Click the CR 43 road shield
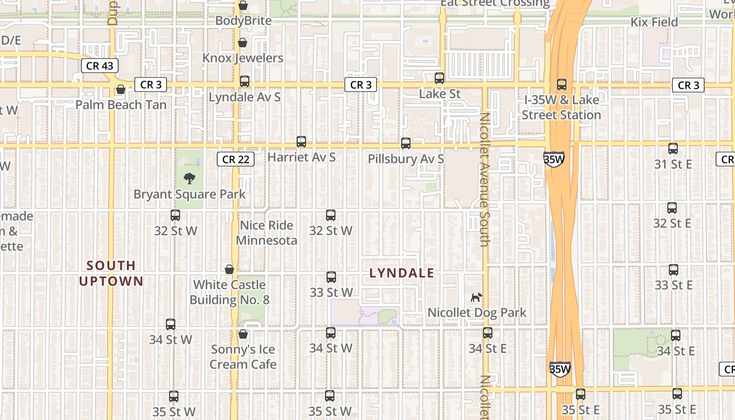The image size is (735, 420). coord(99,66)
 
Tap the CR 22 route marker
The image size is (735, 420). coord(236,159)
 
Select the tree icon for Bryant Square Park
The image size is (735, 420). coord(190,178)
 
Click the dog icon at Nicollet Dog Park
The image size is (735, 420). coord(476,297)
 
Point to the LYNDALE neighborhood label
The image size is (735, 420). coord(402,273)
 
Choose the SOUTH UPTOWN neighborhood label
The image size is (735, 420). coord(111,273)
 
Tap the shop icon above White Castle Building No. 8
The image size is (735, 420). coord(229,269)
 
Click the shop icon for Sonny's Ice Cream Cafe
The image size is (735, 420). coord(243,334)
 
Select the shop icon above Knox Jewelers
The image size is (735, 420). coord(243,43)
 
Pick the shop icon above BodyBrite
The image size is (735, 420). coord(243,5)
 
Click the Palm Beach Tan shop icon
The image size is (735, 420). coord(121,90)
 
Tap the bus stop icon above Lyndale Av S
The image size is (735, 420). coord(245,81)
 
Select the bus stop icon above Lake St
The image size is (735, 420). coord(439,78)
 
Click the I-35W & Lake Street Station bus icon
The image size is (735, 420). coord(562,84)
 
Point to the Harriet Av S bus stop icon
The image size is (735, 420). coord(301,142)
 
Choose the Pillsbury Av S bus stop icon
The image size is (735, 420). coord(406,143)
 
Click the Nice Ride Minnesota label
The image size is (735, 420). coord(266,233)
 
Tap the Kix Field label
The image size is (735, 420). coord(654,22)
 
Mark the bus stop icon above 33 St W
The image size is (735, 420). coord(331,277)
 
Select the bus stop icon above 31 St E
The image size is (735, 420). coord(673,149)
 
